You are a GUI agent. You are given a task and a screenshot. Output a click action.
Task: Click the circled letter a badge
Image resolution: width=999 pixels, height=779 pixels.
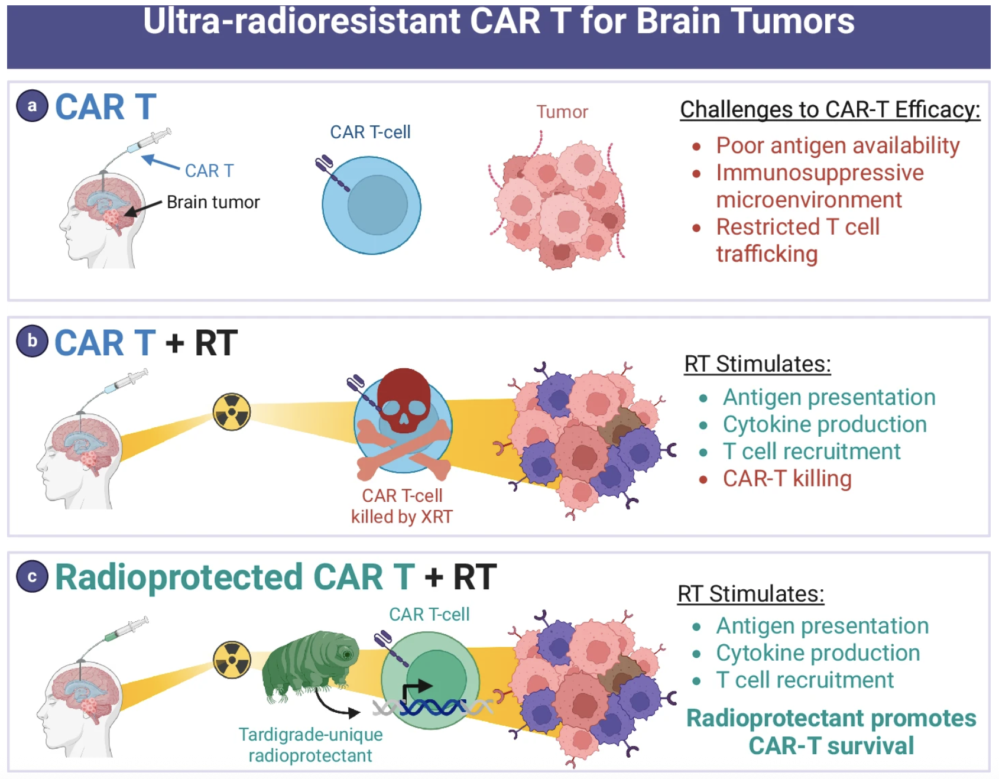pyautogui.click(x=32, y=106)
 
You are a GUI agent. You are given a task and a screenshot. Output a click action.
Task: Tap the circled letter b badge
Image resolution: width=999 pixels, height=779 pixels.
pyautogui.click(x=32, y=341)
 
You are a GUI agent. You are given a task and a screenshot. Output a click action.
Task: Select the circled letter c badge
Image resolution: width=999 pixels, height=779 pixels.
pyautogui.click(x=32, y=576)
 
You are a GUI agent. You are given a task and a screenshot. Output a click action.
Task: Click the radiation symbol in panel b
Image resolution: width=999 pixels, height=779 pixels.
pyautogui.click(x=232, y=411)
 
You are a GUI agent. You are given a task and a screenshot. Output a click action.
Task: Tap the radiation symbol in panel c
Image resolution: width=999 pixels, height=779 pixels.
pyautogui.click(x=232, y=660)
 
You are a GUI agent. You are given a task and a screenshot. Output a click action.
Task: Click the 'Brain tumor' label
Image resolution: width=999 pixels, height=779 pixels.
pyautogui.click(x=213, y=202)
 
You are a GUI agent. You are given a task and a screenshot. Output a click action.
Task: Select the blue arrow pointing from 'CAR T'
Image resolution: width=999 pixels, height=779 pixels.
pyautogui.click(x=160, y=162)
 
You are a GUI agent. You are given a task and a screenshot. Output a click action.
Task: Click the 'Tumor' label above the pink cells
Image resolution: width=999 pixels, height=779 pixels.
pyautogui.click(x=562, y=112)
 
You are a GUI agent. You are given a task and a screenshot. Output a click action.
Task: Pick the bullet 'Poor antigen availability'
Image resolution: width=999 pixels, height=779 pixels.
pyautogui.click(x=837, y=145)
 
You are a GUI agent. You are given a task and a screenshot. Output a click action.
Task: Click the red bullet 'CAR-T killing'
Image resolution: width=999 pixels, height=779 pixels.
pyautogui.click(x=786, y=479)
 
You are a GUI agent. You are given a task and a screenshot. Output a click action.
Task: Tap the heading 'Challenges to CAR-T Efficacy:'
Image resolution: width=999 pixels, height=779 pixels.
pyautogui.click(x=830, y=109)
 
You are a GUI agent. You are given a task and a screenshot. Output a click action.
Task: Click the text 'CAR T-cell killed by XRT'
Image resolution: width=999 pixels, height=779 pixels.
pyautogui.click(x=402, y=506)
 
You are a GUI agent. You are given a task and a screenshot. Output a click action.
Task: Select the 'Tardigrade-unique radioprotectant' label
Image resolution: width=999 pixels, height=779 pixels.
pyautogui.click(x=310, y=745)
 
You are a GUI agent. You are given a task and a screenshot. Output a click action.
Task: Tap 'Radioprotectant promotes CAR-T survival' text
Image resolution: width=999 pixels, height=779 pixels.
pyautogui.click(x=831, y=732)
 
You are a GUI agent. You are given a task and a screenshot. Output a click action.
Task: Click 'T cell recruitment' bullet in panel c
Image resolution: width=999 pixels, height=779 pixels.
pyautogui.click(x=805, y=680)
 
